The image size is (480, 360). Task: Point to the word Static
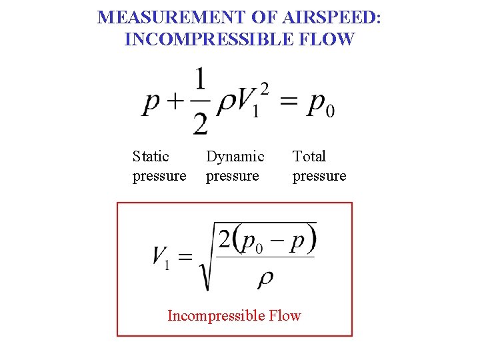point(151,157)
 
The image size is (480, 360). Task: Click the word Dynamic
point(235,157)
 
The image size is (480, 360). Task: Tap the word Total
point(309,157)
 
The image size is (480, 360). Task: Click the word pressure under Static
point(159,176)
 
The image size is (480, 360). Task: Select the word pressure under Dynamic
point(233,176)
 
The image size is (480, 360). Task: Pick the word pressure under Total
point(319,176)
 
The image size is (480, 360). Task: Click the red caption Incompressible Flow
point(234,315)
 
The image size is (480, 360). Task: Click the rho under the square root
point(265,278)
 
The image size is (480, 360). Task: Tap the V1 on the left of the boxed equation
point(161,257)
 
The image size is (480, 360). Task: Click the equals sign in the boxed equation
point(185,256)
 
